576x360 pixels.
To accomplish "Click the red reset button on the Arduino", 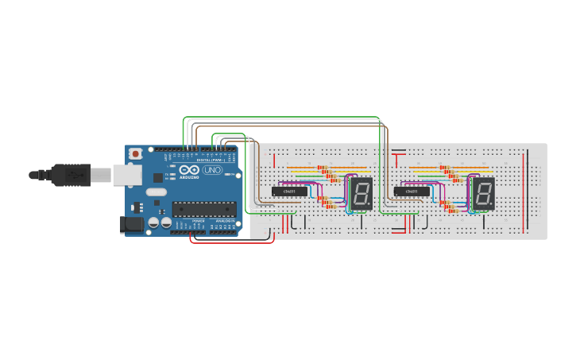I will [x=136, y=153].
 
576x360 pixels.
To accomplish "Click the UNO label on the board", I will [x=213, y=170].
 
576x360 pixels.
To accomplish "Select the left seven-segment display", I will [x=361, y=194].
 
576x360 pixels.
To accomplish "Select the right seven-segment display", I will [x=483, y=194].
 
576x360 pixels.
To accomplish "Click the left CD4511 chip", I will [x=289, y=192].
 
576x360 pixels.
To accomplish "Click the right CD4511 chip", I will [x=412, y=192].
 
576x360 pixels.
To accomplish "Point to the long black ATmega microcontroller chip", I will [x=204, y=209].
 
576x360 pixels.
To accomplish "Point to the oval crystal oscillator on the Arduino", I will [x=157, y=192].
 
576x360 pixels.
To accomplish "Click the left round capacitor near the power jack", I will [x=153, y=224].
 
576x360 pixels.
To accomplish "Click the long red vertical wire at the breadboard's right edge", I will [x=524, y=191].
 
